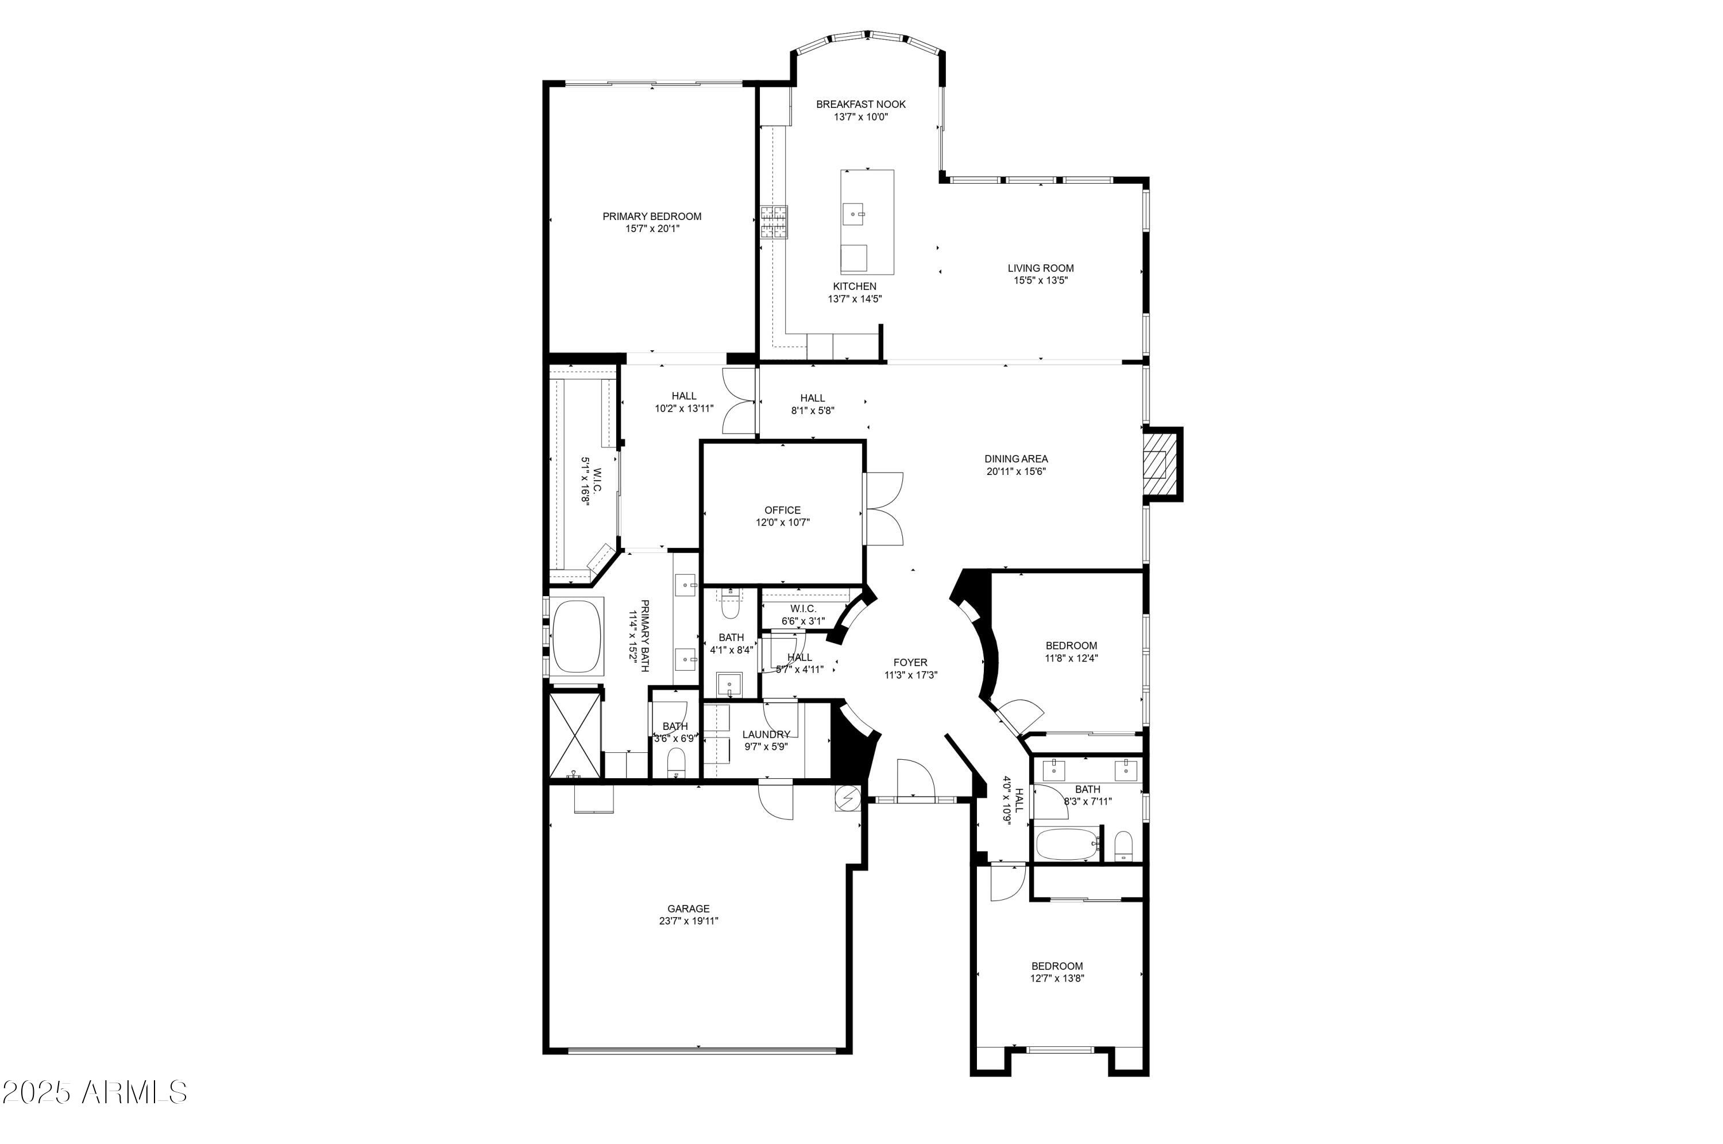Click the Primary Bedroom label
(651, 217)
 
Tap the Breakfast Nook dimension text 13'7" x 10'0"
(861, 117)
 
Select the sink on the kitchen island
(853, 215)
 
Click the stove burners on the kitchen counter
(774, 222)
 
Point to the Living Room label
(1040, 268)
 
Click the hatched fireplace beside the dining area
(1158, 464)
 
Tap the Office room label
(782, 510)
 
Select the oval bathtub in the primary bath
(577, 636)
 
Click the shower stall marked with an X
(574, 736)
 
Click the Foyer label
(910, 663)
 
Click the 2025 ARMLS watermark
(95, 1092)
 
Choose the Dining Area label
(1016, 459)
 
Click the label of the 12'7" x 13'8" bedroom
(1056, 966)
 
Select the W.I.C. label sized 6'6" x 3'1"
(802, 609)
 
